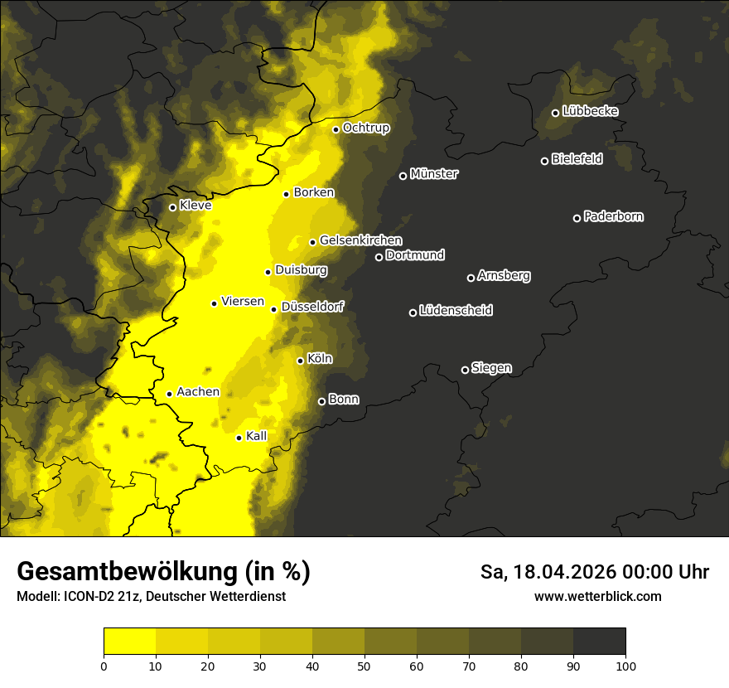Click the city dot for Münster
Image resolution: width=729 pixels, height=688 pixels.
pyautogui.click(x=403, y=176)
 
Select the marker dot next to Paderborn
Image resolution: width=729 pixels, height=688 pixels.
pyautogui.click(x=577, y=218)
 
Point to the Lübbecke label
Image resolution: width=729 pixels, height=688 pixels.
pyautogui.click(x=590, y=111)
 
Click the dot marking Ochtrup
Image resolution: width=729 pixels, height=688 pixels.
pyautogui.click(x=336, y=129)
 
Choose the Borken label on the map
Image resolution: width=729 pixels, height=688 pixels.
pyautogui.click(x=314, y=192)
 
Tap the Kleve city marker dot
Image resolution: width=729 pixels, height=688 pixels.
pyautogui.click(x=173, y=207)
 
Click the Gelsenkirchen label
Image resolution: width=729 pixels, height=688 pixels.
pyautogui.click(x=360, y=240)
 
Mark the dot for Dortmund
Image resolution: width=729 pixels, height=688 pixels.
pyautogui.click(x=379, y=257)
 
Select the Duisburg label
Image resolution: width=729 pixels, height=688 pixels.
pyautogui.click(x=301, y=270)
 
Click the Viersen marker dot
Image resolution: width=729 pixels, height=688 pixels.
pyautogui.click(x=215, y=303)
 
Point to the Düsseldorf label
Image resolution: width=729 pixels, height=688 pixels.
pyautogui.click(x=312, y=307)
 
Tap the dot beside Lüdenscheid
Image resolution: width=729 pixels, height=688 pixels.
pyautogui.click(x=413, y=313)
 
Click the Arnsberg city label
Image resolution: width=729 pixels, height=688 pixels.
pyautogui.click(x=504, y=276)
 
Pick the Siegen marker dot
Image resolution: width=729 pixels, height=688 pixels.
pyautogui.click(x=465, y=370)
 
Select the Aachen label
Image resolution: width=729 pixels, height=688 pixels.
pyautogui.click(x=198, y=392)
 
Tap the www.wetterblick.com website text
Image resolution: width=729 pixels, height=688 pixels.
pyautogui.click(x=597, y=596)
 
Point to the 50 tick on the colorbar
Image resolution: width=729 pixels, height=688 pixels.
pyautogui.click(x=364, y=665)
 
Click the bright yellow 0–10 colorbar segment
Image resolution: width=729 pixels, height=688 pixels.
pyautogui.click(x=129, y=641)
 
